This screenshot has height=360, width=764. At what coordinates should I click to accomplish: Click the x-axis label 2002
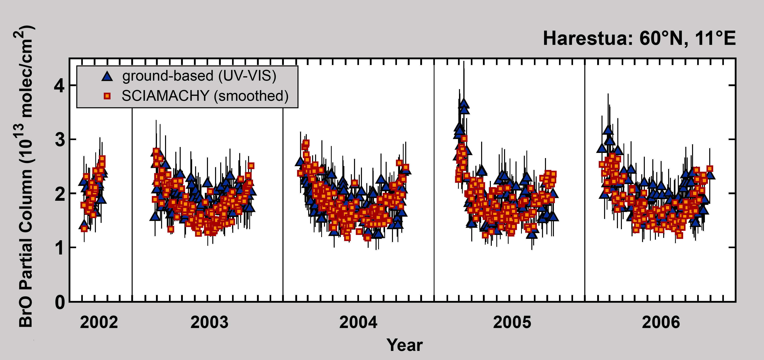point(99,322)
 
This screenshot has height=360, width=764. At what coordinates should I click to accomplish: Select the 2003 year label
point(209,322)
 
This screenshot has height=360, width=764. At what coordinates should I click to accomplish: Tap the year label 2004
point(358,322)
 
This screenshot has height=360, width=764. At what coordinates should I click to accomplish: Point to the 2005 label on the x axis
point(512,322)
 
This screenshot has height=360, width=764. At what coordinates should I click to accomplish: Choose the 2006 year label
point(661,322)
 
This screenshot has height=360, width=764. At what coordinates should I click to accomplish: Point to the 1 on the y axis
point(60,248)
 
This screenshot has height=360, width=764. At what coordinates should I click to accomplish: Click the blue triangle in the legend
point(107,76)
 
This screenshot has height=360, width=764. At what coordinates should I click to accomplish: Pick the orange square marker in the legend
point(107,96)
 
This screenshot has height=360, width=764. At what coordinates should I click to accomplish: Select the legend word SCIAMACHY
point(165,96)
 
